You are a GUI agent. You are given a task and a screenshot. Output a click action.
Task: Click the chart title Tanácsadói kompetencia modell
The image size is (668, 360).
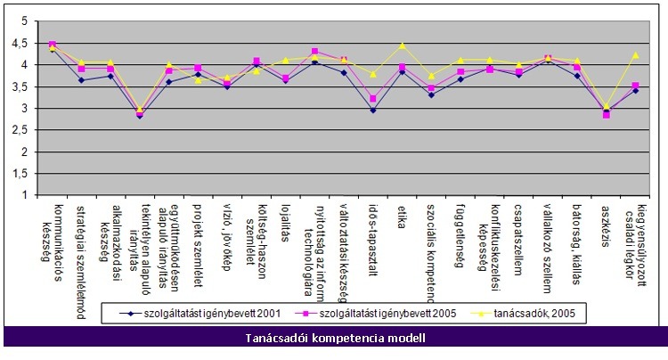click(335, 338)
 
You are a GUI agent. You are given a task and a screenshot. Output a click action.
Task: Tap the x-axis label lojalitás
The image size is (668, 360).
click(286, 222)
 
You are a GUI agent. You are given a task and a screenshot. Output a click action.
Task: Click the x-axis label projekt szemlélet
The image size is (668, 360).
click(199, 234)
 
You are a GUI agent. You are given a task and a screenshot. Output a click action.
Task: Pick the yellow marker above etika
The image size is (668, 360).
click(403, 45)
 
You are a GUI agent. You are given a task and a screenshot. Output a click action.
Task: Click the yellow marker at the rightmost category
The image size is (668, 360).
click(636, 55)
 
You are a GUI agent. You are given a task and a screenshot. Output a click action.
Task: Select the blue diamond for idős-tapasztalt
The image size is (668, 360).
click(373, 110)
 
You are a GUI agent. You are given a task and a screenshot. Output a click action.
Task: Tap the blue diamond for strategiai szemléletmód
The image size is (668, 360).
click(81, 80)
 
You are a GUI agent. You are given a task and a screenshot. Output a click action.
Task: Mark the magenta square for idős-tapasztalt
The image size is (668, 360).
click(373, 99)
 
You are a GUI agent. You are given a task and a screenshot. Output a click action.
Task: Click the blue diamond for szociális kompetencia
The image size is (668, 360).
click(432, 94)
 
